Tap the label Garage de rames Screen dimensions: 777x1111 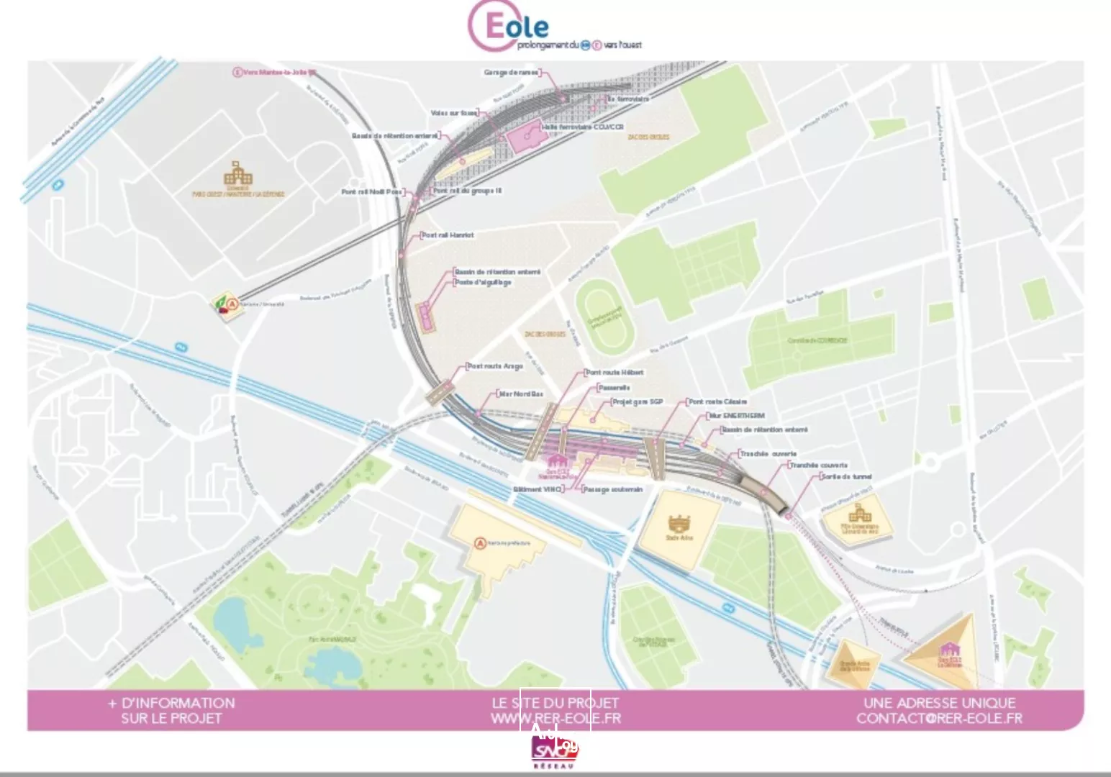click(511, 73)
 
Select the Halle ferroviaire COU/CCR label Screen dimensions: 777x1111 click(582, 127)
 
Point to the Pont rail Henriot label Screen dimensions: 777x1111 click(448, 235)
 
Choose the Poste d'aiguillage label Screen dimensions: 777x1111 click(483, 283)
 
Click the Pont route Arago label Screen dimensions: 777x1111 click(494, 366)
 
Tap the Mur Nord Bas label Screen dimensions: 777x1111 click(521, 394)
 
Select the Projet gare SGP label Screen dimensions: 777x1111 click(637, 401)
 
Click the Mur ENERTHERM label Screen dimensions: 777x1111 click(736, 416)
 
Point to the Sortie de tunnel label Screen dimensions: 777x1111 click(846, 476)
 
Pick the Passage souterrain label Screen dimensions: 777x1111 click(612, 489)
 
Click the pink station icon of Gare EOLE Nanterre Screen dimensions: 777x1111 click(556, 462)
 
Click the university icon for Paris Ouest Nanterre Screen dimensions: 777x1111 click(238, 175)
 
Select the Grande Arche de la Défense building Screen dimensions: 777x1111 click(854, 660)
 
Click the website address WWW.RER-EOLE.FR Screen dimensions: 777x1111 click(555, 717)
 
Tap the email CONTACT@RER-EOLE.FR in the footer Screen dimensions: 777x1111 click(939, 717)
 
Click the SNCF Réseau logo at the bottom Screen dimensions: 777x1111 click(554, 752)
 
